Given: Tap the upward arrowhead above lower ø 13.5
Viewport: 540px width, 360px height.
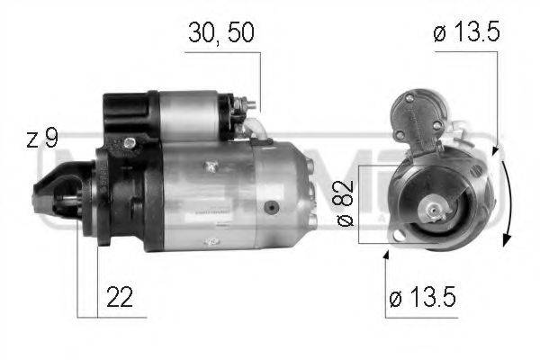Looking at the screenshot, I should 388,257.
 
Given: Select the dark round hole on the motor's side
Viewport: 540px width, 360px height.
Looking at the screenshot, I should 269,206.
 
